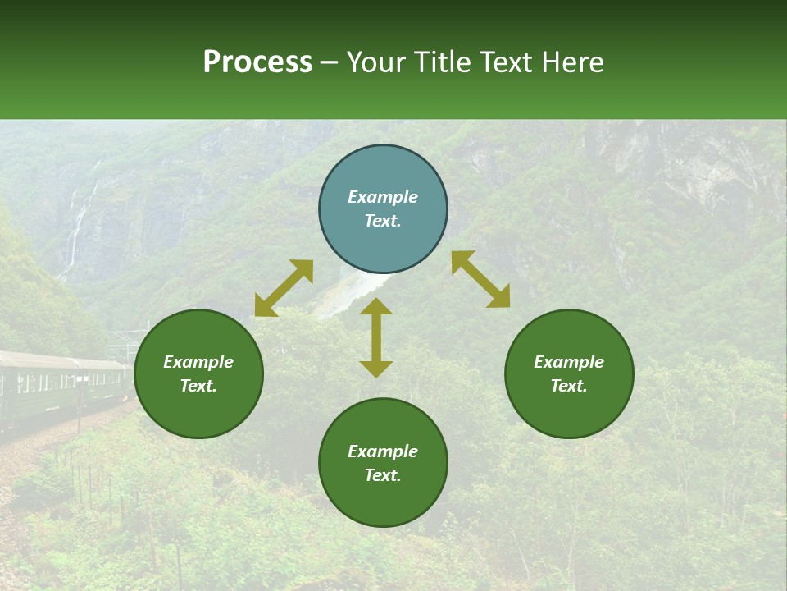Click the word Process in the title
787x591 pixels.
(x=257, y=62)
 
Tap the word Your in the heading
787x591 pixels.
(x=375, y=62)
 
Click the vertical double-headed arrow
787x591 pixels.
(x=376, y=338)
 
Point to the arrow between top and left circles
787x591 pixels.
(x=284, y=288)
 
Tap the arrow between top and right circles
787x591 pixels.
(x=480, y=279)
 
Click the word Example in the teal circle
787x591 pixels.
(x=383, y=197)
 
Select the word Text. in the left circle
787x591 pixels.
(x=198, y=386)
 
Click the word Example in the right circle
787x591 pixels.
(x=569, y=362)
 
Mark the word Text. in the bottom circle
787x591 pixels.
(x=383, y=475)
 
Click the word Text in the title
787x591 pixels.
(x=506, y=62)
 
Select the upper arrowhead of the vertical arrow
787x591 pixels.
(x=376, y=308)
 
